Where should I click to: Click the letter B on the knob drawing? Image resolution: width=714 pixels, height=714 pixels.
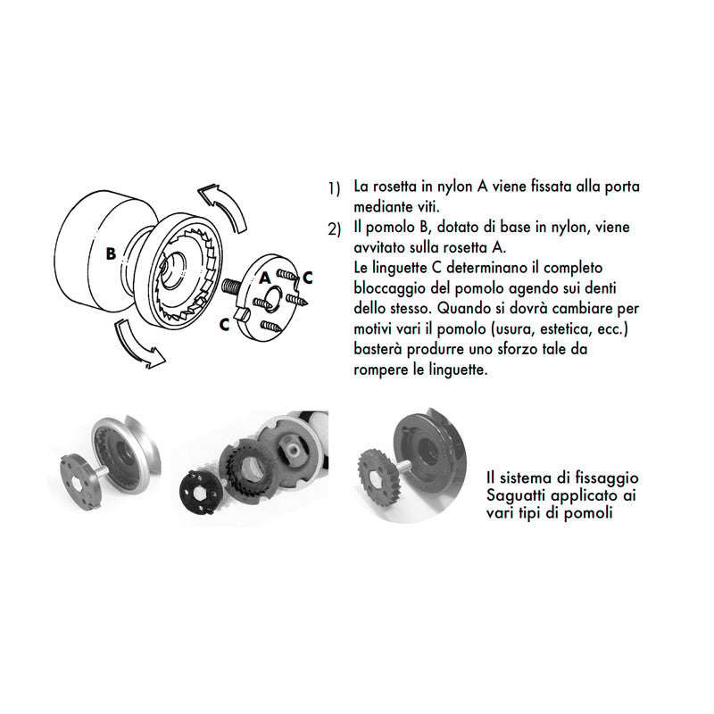point(110,253)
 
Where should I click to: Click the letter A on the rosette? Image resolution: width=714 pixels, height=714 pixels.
point(264,278)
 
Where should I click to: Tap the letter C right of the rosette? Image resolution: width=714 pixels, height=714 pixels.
point(307,277)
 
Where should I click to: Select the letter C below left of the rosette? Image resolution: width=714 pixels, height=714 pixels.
point(224,325)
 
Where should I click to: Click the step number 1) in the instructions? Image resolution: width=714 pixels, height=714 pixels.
point(334,188)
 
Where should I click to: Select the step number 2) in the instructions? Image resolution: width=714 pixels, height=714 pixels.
point(334,230)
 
